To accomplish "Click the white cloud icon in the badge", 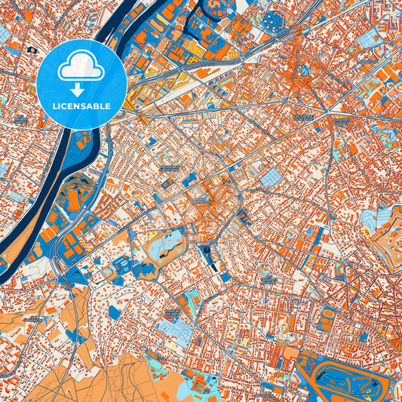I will click(x=81, y=69).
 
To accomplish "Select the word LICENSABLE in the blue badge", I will click(x=81, y=107).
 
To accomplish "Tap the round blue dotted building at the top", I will click(x=272, y=20).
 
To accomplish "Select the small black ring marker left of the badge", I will click(x=31, y=50).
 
